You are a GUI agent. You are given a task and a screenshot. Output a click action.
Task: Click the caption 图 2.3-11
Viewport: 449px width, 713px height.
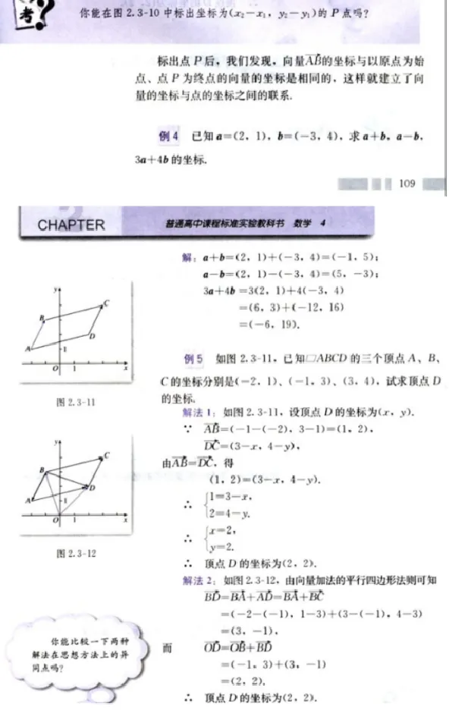[x=77, y=403]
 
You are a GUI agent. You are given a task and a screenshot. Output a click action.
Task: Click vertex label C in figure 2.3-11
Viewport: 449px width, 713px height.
[x=106, y=303]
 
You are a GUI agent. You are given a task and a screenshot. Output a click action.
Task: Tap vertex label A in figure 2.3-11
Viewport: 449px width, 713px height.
[x=27, y=349]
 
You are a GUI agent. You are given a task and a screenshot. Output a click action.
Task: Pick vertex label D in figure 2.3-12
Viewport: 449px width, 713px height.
[x=92, y=488]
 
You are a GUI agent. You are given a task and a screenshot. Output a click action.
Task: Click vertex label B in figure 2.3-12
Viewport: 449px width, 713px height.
[x=42, y=470]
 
